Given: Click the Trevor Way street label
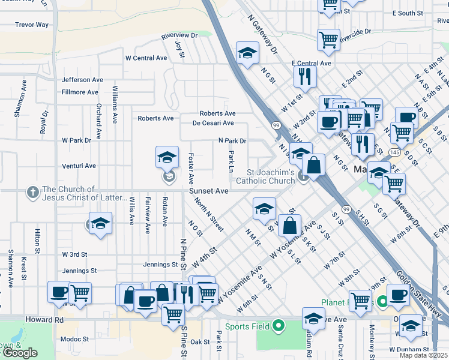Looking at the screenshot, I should pos(32,25).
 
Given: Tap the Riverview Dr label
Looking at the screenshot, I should pos(179,36).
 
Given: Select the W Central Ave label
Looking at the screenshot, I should pos(146,58).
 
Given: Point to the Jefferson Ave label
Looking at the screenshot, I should pos(82,80).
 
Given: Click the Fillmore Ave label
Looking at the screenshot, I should pos(80,92).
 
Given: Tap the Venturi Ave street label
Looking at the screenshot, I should pos(79,166).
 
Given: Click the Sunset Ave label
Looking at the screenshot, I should pos(209,191).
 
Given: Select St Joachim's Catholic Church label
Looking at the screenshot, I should pos(265,176).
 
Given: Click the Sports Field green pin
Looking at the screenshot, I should pos(278,326).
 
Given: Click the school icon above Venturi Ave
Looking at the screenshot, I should pos(167,157).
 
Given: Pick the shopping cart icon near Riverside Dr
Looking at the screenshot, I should pos(328,40).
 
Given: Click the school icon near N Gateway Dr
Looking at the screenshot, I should pos(247,53).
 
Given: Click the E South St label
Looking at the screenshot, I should pos(408,13).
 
